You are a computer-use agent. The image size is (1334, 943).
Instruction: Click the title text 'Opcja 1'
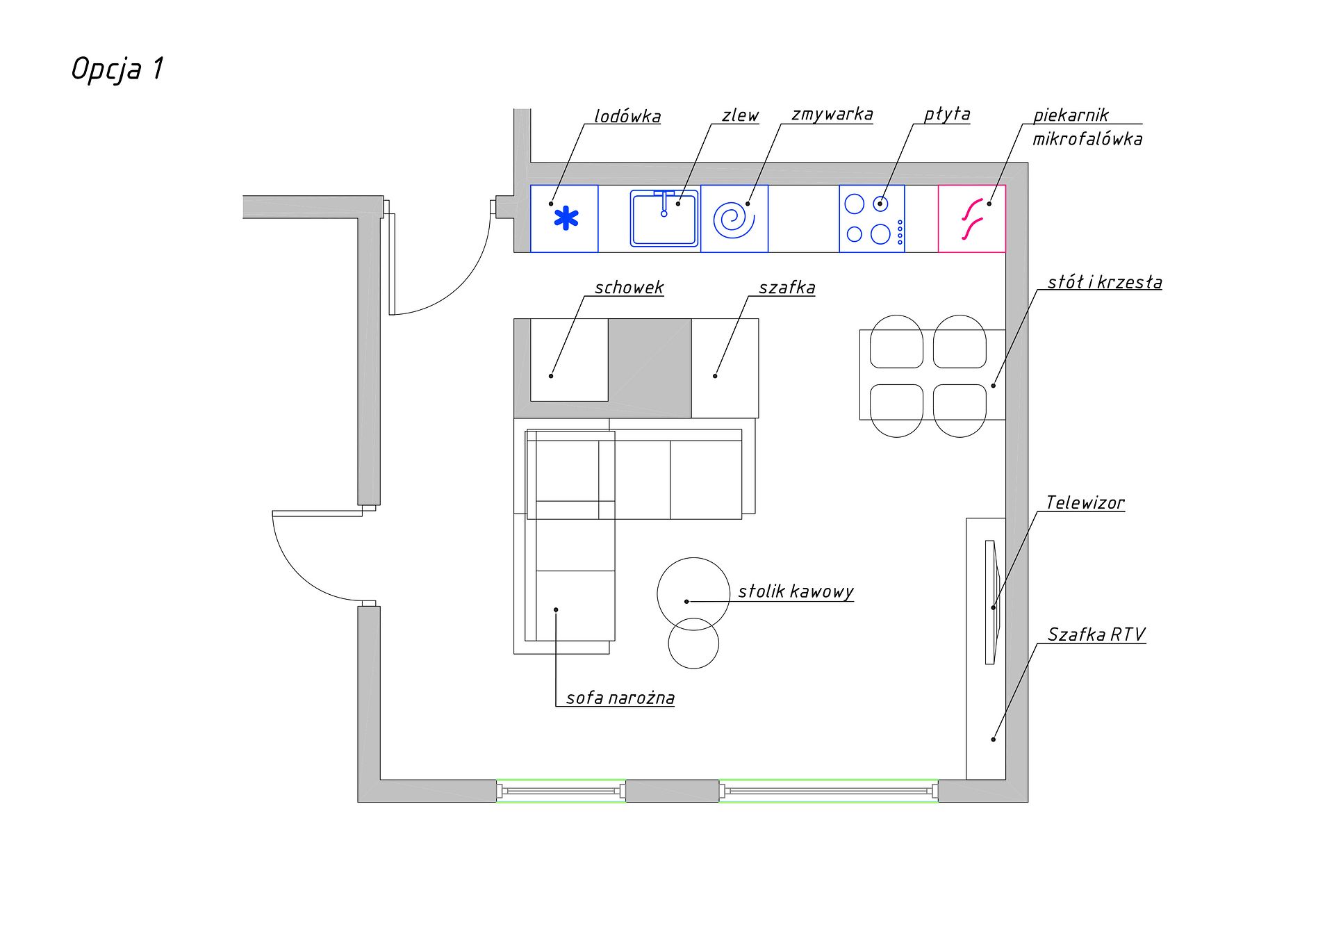click(117, 69)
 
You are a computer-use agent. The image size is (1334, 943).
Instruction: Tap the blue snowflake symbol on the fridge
click(566, 218)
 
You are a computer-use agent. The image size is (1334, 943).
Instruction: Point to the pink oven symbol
click(973, 219)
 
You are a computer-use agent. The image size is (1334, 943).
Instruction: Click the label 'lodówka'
click(627, 116)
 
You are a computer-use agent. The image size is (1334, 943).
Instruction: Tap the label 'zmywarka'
click(832, 114)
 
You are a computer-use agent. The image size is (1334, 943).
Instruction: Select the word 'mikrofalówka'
click(1087, 139)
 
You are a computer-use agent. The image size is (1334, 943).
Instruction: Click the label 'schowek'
click(629, 288)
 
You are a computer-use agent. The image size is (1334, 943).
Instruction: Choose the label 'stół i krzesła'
click(1105, 282)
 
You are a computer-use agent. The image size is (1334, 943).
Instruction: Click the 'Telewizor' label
click(1085, 502)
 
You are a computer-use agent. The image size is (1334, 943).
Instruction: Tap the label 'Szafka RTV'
click(1096, 634)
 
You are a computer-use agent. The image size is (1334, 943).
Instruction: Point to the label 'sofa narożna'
click(620, 698)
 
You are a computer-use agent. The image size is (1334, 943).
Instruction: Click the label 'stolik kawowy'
click(796, 592)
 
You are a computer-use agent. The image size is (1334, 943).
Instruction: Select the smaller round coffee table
click(693, 643)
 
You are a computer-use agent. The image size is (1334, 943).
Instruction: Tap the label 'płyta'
click(947, 115)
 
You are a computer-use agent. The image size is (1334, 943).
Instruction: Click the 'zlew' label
click(740, 115)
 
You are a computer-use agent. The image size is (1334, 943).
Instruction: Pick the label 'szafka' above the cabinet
click(787, 288)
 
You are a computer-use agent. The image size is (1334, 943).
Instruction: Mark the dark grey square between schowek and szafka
click(650, 368)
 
